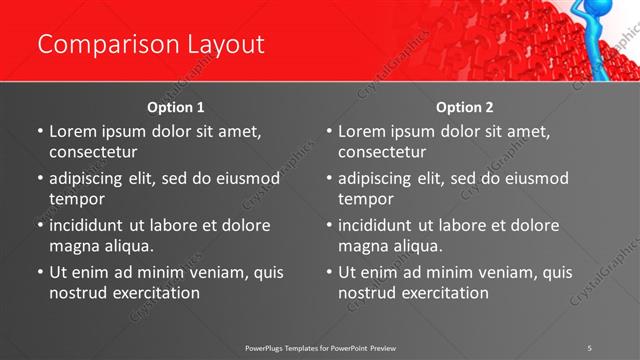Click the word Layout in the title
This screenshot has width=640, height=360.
[223, 45]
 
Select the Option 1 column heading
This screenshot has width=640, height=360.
[176, 107]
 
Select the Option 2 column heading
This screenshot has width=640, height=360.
[465, 107]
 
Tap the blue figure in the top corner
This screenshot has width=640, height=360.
[612, 40]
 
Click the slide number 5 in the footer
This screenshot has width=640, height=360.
[590, 347]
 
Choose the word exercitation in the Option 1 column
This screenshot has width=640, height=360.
[155, 293]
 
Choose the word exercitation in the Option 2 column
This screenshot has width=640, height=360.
[444, 293]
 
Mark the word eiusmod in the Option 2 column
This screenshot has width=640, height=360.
[535, 178]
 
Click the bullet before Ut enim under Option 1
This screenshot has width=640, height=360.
[40, 272]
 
